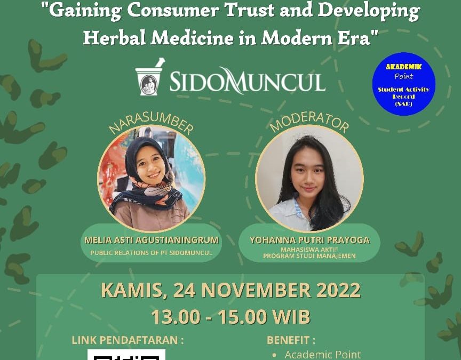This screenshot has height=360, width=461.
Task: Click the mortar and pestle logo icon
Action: coord(149,77)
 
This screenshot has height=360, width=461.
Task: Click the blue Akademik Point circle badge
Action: coord(404,84)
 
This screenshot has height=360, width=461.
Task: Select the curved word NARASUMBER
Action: coord(151,123)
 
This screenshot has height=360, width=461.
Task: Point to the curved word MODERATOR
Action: coord(309,122)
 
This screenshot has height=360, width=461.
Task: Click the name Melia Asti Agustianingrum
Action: coord(152,240)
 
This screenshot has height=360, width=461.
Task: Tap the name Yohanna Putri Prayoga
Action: coord(309,240)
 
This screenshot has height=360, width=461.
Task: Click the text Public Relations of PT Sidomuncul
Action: coord(151,253)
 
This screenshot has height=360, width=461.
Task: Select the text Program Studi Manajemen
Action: coord(309,256)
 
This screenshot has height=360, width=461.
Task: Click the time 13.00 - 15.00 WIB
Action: coord(231,317)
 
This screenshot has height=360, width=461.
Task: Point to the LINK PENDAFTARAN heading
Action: coord(128,340)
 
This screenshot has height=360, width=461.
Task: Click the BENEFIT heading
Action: coord(291,340)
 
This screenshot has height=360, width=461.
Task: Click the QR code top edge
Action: coord(126,350)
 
